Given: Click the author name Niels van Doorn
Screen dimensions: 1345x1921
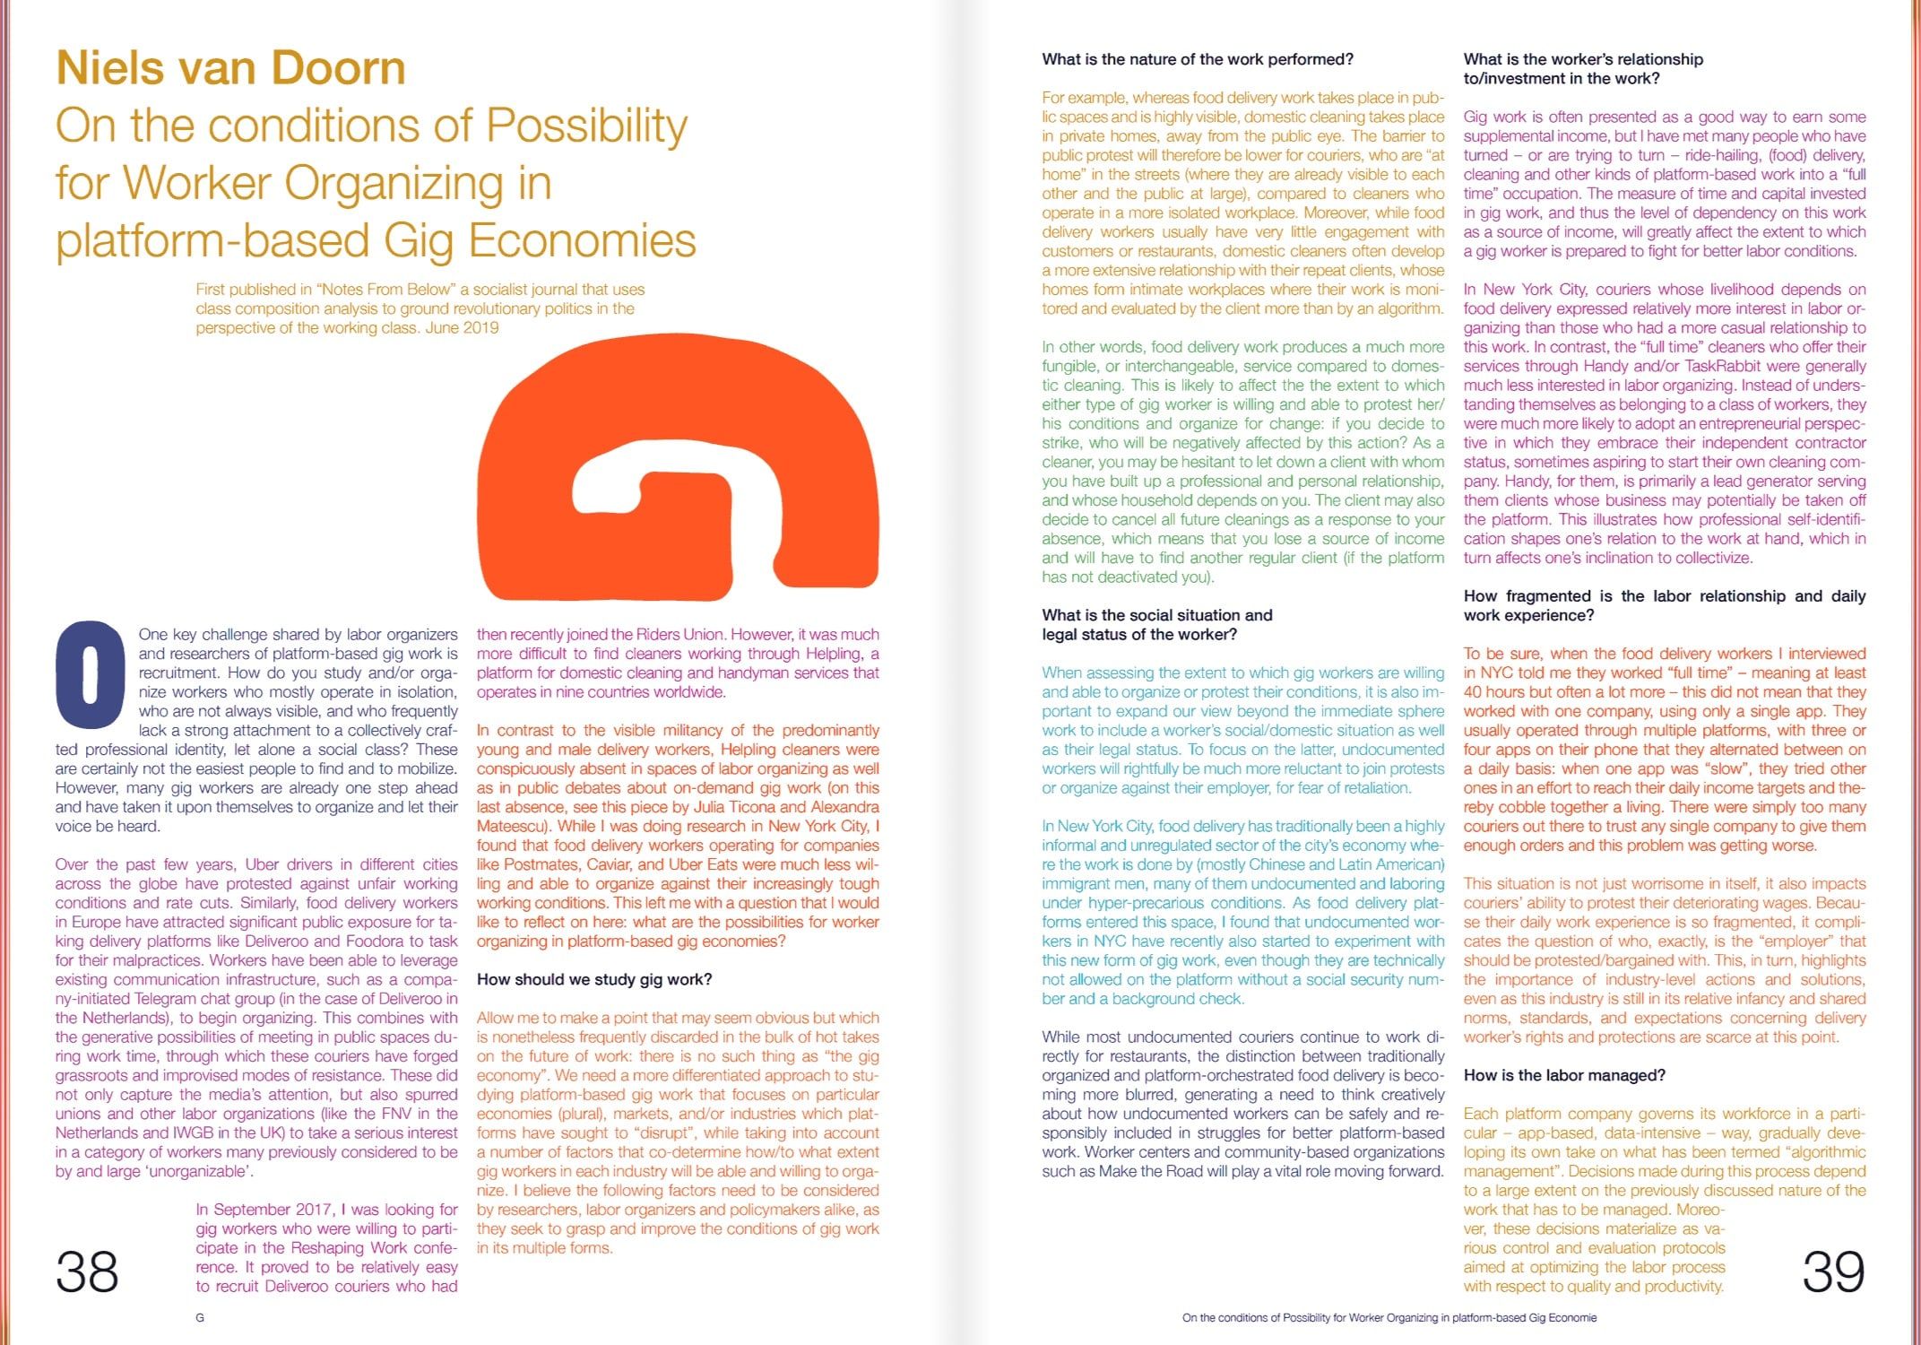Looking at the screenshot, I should pyautogui.click(x=230, y=68).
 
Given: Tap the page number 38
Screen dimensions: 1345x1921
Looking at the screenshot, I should pyautogui.click(x=87, y=1271).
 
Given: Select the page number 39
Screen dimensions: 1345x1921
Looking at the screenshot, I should pyautogui.click(x=1833, y=1271).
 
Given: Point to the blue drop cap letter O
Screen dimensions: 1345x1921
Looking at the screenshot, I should pyautogui.click(x=90, y=673).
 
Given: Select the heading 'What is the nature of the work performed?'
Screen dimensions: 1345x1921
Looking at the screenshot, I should pyautogui.click(x=1198, y=59).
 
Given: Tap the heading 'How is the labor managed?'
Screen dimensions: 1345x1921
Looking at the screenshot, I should pyautogui.click(x=1564, y=1075).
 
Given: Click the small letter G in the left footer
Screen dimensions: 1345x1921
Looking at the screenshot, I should pyautogui.click(x=200, y=1317).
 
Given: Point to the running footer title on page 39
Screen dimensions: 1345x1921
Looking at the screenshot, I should pyautogui.click(x=1389, y=1317).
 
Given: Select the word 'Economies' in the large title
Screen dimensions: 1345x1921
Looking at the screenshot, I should pyautogui.click(x=583, y=240).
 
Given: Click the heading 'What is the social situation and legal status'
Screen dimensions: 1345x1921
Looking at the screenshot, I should pyautogui.click(x=1156, y=625).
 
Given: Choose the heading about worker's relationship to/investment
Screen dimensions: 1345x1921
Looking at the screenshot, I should pyautogui.click(x=1583, y=69).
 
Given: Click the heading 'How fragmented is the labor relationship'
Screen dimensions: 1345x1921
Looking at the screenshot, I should pyautogui.click(x=1664, y=605).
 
